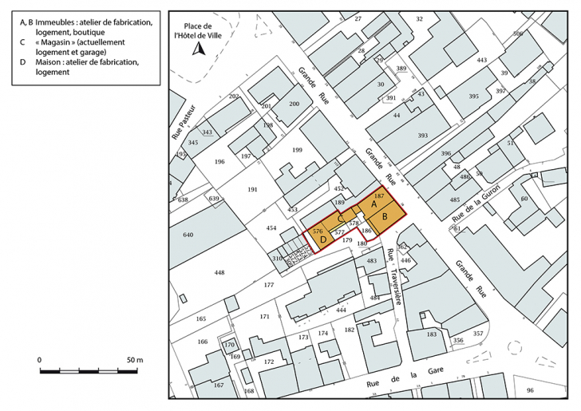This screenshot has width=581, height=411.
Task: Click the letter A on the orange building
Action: (x=373, y=205)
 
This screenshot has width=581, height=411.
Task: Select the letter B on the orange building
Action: (x=385, y=216)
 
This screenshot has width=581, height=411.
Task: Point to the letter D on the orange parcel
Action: (x=323, y=239)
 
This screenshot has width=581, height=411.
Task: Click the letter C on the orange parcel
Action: (x=340, y=219)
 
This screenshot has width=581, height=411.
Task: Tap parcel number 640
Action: (x=188, y=235)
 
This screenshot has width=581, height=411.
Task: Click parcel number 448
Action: (x=219, y=273)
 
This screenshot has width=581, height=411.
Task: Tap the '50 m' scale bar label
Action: (x=133, y=361)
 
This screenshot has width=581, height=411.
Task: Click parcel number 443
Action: (x=481, y=61)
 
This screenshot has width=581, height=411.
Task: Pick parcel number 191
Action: (x=252, y=190)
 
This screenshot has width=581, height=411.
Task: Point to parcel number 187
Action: (x=379, y=196)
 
